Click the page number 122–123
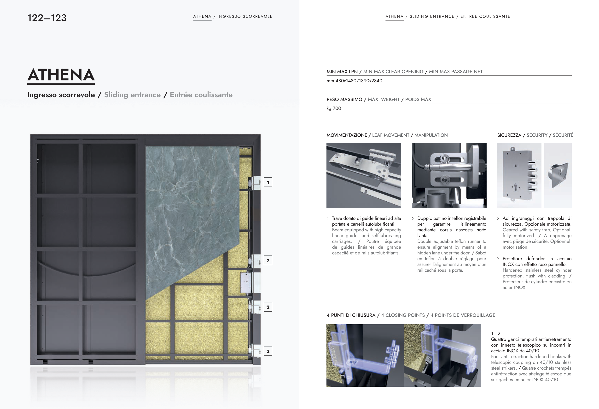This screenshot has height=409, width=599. tap(47, 18)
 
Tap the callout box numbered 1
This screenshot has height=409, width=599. tap(268, 182)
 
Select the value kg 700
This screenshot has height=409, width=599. tap(334, 108)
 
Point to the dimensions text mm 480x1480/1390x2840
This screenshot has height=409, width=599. tap(355, 81)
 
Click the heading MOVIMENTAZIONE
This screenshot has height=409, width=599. tap(347, 135)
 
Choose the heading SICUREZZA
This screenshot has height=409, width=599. tap(509, 135)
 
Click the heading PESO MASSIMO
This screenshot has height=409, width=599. tap(344, 99)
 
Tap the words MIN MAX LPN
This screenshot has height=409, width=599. tap(342, 72)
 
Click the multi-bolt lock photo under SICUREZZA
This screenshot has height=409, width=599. tap(519, 175)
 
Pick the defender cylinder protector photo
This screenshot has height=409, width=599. tap(558, 175)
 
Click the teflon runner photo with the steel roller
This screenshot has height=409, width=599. tap(449, 175)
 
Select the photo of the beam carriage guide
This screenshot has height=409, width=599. tap(364, 175)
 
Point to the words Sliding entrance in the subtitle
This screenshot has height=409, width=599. tap(132, 95)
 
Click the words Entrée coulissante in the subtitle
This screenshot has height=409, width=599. tap(201, 95)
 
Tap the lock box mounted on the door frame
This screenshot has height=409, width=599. tap(246, 282)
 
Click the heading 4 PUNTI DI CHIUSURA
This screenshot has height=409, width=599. tap(351, 315)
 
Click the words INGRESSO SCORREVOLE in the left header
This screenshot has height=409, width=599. tap(245, 17)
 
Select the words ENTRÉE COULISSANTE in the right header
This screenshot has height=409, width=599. tap(485, 17)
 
